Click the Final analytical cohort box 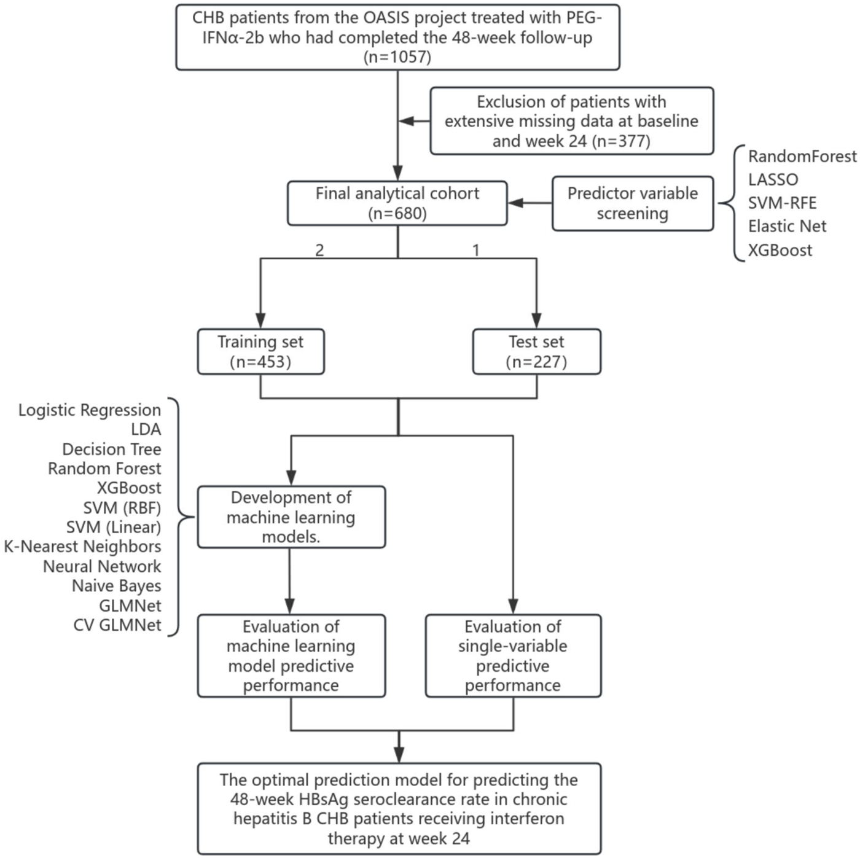click(397, 203)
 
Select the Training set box click(260, 352)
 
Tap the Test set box click(536, 352)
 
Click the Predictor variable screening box click(633, 203)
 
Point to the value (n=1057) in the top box click(397, 57)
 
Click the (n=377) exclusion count click(621, 141)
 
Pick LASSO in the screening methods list click(773, 180)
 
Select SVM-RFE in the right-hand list click(782, 203)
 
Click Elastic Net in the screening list click(787, 227)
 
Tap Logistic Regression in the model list click(90, 410)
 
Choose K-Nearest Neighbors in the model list click(82, 547)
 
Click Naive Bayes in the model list click(117, 586)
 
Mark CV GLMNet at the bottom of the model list click(117, 625)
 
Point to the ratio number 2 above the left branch click(319, 250)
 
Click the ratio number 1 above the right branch click(475, 250)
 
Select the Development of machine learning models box click(291, 517)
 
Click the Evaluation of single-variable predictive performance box click(513, 655)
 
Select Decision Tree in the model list click(112, 449)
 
